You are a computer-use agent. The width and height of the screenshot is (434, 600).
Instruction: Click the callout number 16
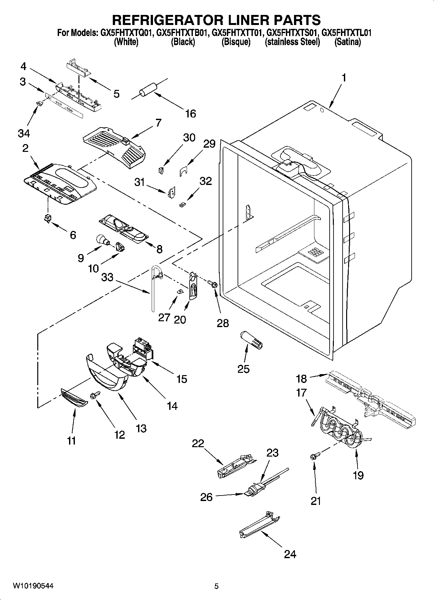point(191,114)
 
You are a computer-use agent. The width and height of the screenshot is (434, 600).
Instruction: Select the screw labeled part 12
point(96,395)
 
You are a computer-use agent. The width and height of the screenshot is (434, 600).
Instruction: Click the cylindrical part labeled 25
point(251,340)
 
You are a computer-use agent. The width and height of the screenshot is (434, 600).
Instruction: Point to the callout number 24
point(290,554)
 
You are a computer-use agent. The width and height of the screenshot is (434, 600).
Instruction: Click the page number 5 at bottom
point(217,586)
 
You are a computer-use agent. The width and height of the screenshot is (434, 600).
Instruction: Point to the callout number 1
point(344,78)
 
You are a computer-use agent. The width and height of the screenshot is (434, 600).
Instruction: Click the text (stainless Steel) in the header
point(292,42)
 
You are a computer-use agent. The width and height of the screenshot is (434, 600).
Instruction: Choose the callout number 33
point(107,277)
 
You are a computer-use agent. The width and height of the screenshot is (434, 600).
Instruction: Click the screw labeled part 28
point(213,285)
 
